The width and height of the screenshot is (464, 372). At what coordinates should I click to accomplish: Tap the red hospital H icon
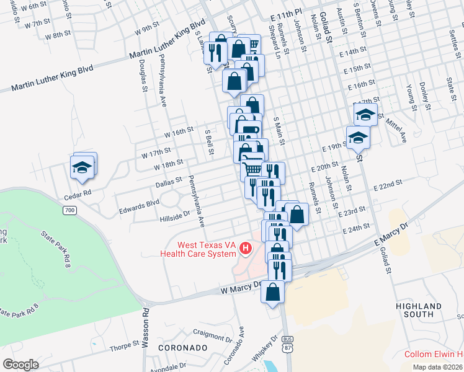246,249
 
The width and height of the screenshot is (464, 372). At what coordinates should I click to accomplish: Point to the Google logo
20,364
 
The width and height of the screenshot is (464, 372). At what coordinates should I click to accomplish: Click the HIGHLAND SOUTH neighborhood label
419,310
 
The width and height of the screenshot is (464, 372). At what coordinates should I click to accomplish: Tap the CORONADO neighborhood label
182,348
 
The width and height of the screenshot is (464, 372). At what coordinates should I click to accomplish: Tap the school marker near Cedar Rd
82,167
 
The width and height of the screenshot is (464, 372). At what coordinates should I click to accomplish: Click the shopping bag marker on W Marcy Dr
272,292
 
